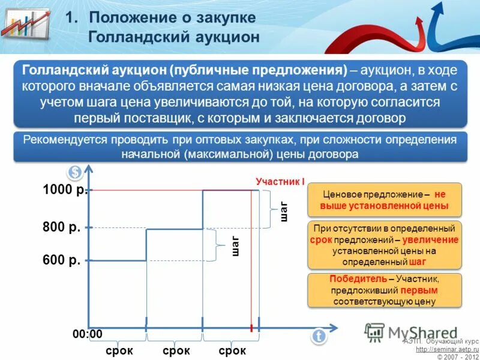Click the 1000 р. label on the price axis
65,190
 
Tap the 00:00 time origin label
88,334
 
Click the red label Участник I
280,181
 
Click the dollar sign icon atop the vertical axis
75,173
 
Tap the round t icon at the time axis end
319,337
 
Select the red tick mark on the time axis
251,328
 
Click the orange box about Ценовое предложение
385,200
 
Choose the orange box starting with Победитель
385,290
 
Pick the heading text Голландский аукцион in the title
174,37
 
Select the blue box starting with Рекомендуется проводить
240,146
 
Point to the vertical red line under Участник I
251,258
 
